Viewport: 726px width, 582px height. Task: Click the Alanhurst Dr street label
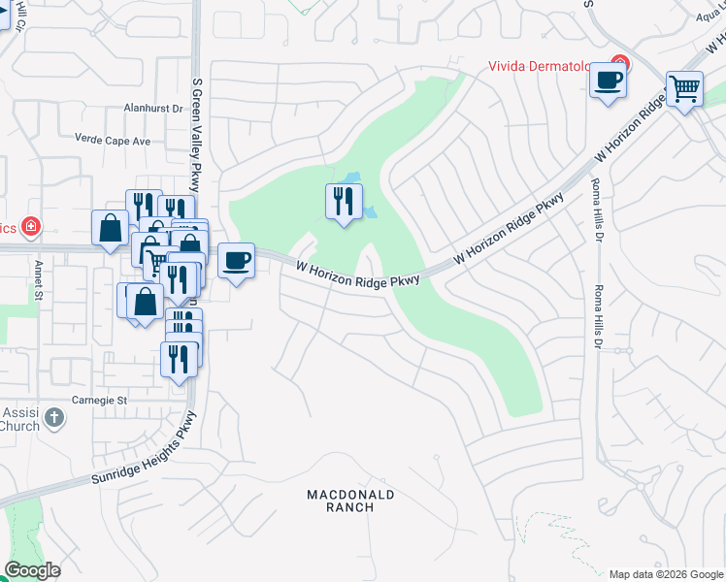[153, 110]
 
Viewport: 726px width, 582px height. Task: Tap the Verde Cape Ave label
[115, 141]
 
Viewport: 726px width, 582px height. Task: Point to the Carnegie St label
[100, 400]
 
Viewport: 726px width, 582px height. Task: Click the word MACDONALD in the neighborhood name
[350, 495]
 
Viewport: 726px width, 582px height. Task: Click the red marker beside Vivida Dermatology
[621, 64]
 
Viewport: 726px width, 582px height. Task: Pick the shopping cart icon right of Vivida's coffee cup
[684, 88]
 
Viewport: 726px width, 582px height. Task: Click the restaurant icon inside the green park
[343, 201]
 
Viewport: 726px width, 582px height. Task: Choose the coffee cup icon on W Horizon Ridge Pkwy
[236, 260]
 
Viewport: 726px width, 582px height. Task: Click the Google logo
[32, 570]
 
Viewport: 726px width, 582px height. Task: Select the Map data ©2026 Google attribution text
[665, 574]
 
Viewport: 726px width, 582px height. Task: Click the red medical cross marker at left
[32, 226]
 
